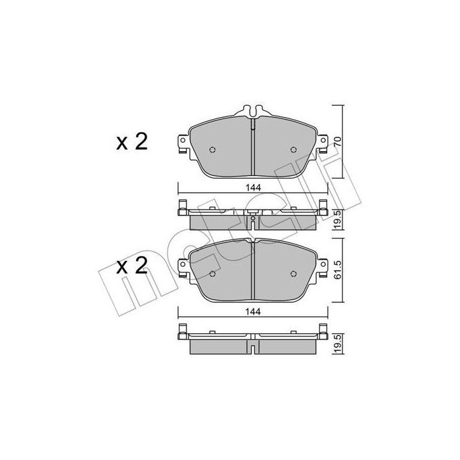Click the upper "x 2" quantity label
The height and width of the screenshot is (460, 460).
pos(131,141)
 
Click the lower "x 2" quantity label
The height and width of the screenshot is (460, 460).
pos(131,267)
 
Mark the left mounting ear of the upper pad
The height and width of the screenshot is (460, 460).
pos(179,144)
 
